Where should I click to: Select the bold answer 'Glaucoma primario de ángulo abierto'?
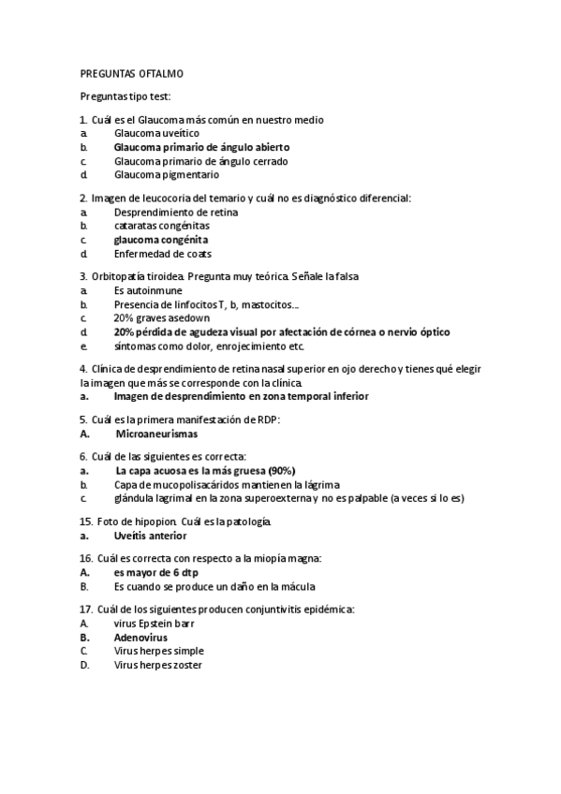(x=201, y=147)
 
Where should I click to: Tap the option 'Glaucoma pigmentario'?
(x=166, y=174)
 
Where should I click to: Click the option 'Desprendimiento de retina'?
(x=175, y=212)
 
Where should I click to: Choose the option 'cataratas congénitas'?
(x=162, y=226)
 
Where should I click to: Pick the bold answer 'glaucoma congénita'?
(x=160, y=240)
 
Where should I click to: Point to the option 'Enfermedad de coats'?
(x=162, y=253)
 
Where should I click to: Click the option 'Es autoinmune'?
(x=148, y=291)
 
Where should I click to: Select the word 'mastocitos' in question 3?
(x=264, y=304)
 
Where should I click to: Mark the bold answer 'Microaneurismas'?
(x=156, y=434)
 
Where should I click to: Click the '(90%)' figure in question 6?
(x=281, y=471)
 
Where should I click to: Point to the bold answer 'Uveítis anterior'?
(x=150, y=536)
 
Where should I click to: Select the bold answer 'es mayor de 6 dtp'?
(x=155, y=572)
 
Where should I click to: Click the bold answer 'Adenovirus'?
(x=140, y=638)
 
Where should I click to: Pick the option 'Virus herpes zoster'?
(x=157, y=665)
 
